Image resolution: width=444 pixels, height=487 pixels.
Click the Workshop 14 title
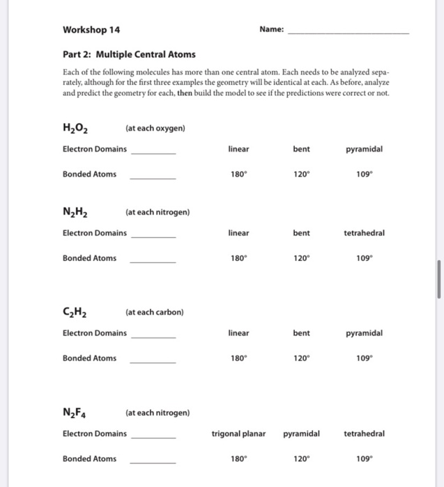(x=91, y=29)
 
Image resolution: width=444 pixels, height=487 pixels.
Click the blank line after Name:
(x=348, y=33)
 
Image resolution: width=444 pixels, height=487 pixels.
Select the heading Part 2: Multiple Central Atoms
(x=129, y=54)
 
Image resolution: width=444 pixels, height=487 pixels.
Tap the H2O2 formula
(x=75, y=128)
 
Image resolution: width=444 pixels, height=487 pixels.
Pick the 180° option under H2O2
(x=238, y=174)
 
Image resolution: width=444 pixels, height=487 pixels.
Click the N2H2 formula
(x=75, y=211)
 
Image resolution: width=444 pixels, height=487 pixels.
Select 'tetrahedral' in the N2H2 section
(x=363, y=232)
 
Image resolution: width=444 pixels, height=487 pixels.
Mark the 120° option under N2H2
(x=301, y=258)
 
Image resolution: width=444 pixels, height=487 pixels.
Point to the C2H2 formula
(x=75, y=312)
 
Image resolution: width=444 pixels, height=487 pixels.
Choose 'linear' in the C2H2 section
(x=238, y=333)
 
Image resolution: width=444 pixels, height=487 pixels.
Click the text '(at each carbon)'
(x=155, y=312)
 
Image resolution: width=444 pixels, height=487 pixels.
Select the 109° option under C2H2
(x=363, y=358)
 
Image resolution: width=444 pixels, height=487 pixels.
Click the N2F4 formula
(x=75, y=413)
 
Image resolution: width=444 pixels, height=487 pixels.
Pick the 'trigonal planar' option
(x=238, y=433)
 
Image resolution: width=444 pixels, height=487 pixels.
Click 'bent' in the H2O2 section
(x=301, y=149)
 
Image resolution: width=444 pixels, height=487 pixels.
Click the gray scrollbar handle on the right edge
(x=439, y=279)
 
